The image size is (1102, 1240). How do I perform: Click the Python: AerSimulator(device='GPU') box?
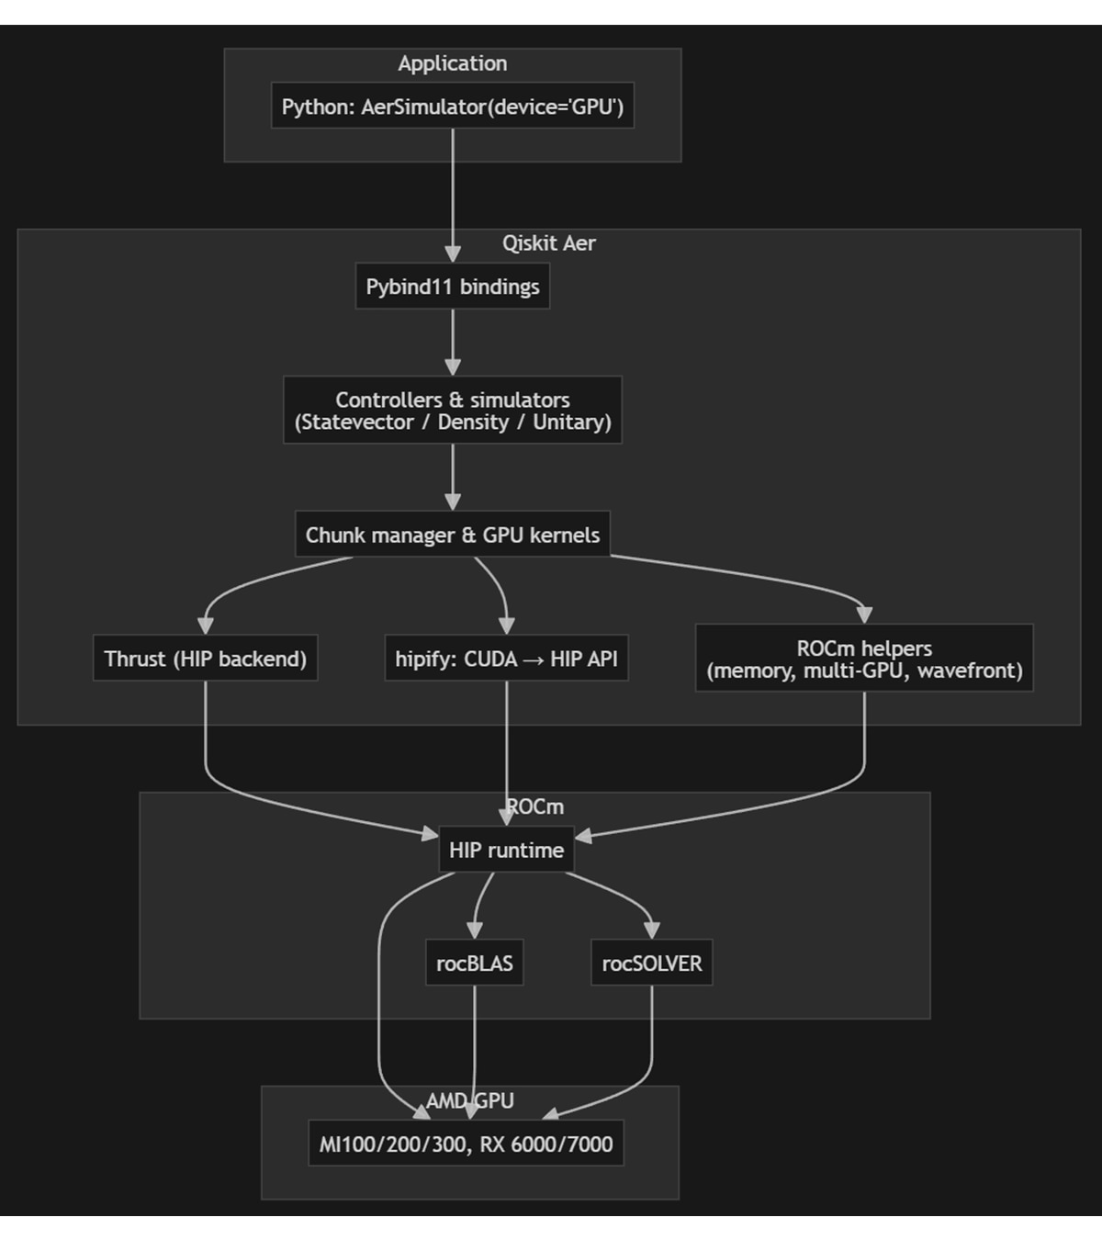pos(452,107)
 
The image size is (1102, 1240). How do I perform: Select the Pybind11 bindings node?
pos(452,287)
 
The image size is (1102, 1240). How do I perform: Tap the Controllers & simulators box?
pos(452,411)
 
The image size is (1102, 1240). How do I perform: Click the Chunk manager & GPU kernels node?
pos(452,535)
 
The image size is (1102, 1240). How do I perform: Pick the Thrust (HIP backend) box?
pos(205,659)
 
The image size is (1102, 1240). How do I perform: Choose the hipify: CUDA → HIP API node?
pos(506,659)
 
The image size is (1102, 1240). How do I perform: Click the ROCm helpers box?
pos(863,659)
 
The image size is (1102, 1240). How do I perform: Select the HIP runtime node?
pos(506,850)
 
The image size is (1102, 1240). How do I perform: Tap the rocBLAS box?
pos(474,964)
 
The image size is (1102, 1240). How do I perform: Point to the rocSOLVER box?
pos(651,964)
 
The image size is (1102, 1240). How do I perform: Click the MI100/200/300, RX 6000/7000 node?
pos(466,1144)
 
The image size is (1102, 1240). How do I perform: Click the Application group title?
pos(452,63)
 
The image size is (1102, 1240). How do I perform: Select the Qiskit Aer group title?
pos(548,243)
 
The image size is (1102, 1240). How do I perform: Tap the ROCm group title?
pos(535,806)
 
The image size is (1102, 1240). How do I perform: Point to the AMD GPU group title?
pos(469,1100)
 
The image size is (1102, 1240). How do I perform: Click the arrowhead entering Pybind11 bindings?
pos(452,254)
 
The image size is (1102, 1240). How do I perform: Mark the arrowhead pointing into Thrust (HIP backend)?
pos(205,625)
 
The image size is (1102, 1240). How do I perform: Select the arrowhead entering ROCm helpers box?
pos(863,614)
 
